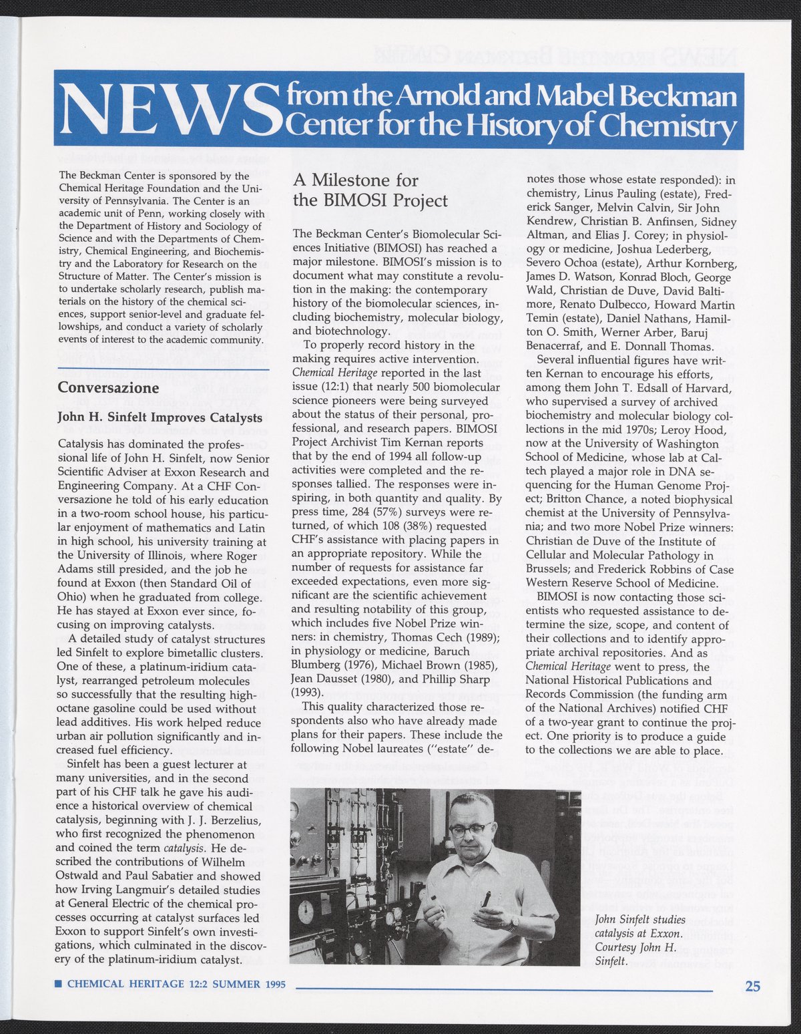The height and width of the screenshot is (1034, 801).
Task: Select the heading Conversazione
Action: [108, 388]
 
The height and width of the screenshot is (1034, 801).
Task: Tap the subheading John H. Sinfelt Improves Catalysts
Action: [160, 417]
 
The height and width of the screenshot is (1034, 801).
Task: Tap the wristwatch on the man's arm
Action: [512, 923]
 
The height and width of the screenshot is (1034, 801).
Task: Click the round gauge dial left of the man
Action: [307, 912]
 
